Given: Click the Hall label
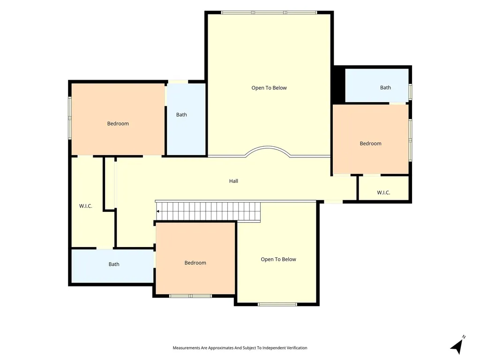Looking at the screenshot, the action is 233,181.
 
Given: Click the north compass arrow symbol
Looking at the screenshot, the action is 457,346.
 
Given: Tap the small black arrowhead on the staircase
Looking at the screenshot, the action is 158,211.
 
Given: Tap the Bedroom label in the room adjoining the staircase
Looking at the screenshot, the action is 195,262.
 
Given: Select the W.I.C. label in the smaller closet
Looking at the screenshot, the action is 383,193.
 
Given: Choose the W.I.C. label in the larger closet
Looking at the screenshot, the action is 86,206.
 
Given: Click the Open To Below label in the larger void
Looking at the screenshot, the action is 269,88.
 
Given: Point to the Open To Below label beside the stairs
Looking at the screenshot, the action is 278,259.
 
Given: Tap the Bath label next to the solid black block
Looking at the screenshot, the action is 385,88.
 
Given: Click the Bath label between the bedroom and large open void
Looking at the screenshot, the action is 181,115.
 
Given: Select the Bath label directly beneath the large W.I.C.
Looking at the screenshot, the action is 114,264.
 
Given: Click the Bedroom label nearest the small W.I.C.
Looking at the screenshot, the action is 370,143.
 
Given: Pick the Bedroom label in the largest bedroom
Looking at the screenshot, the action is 118,124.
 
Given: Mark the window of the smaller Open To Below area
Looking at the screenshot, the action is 277,304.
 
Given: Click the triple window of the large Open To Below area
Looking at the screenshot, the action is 269,13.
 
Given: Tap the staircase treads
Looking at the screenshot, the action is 208,211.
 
